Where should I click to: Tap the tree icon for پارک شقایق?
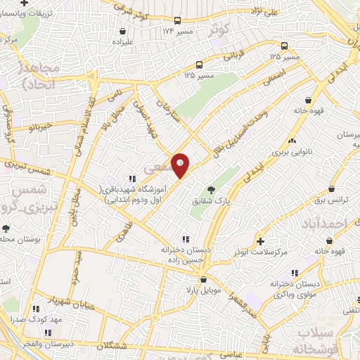tap(210, 190)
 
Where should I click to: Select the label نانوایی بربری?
tap(290, 151)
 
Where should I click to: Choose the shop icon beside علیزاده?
tap(124, 32)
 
